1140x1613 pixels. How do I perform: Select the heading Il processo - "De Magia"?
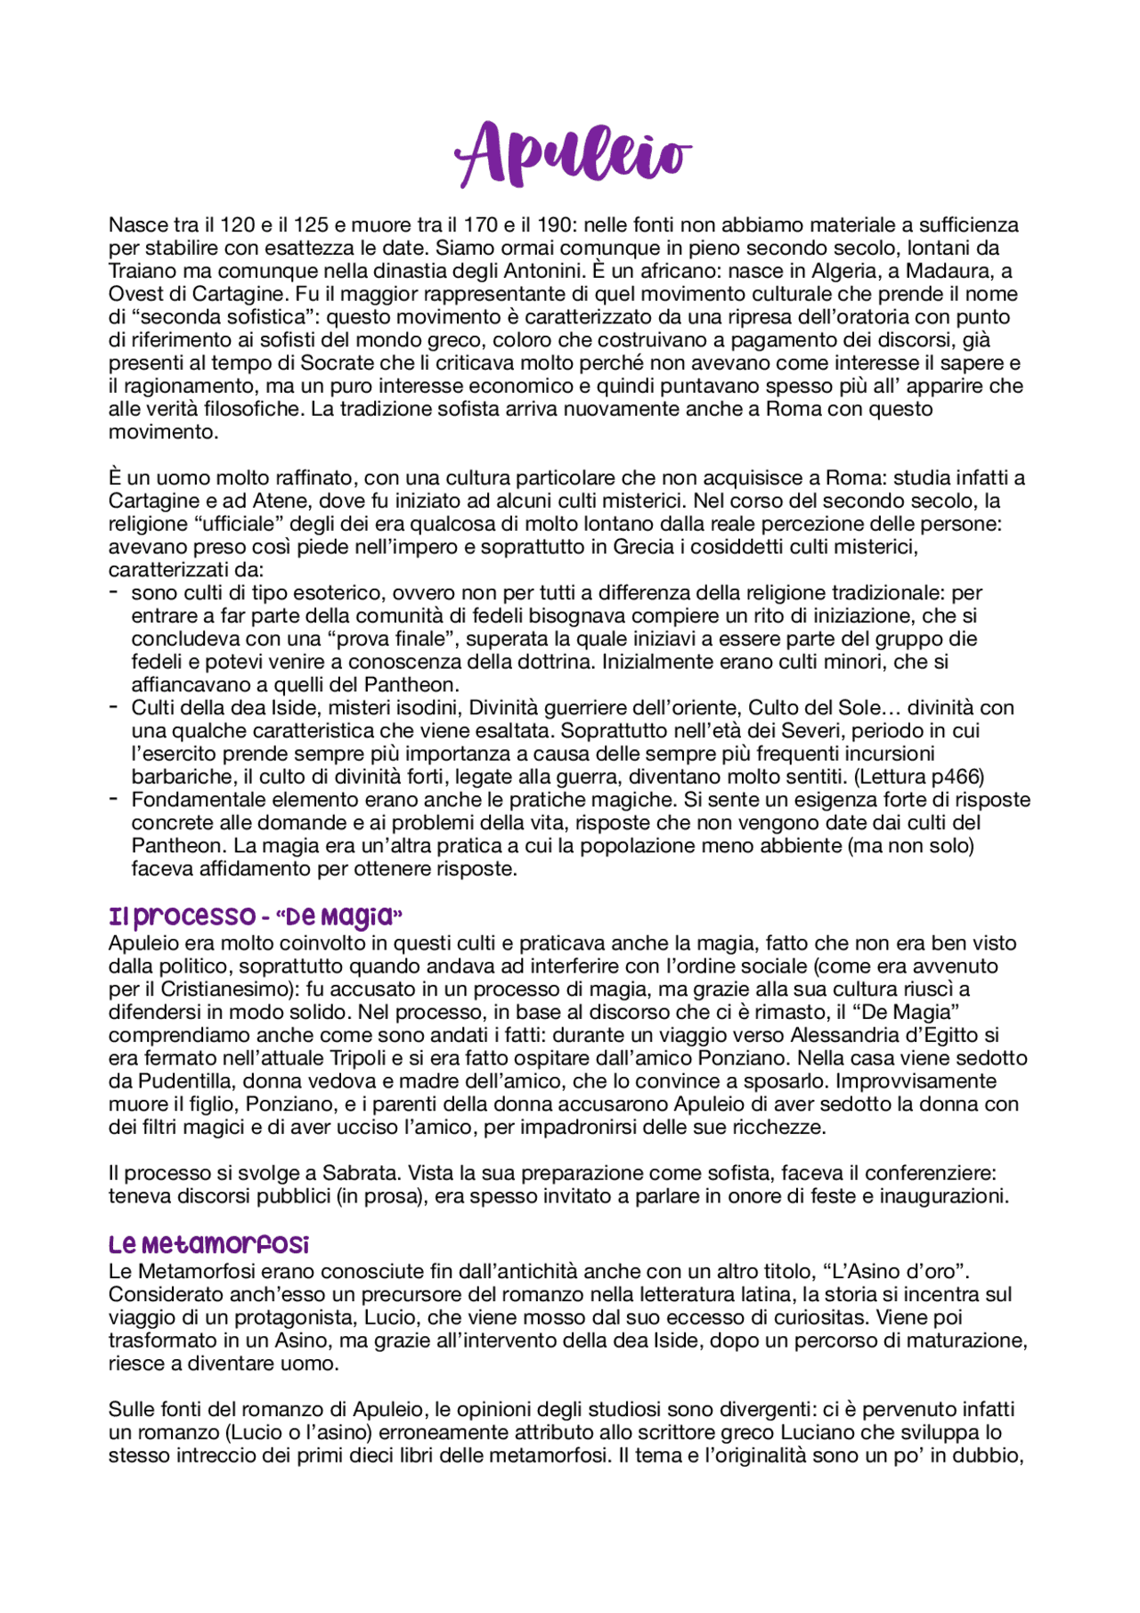256,916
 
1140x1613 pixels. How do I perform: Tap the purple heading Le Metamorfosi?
208,1244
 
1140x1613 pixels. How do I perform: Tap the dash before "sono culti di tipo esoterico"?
114,592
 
